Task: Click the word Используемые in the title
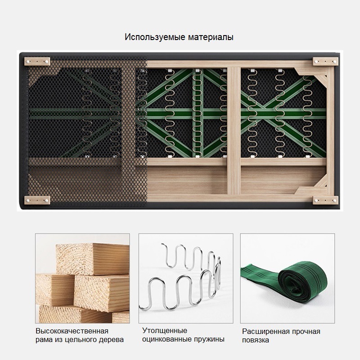tap(155, 37)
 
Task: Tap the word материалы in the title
tap(211, 37)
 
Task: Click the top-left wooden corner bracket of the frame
tap(37, 61)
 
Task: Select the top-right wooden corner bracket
tap(325, 61)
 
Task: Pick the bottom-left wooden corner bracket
tap(37, 200)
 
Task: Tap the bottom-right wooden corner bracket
tap(325, 200)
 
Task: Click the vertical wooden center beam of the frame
tap(234, 131)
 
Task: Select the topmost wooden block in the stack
tap(93, 259)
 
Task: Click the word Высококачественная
tap(72, 331)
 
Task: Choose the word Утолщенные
tap(165, 331)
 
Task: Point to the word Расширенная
tap(265, 332)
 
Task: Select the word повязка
tap(255, 340)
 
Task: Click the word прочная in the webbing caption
tap(306, 332)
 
